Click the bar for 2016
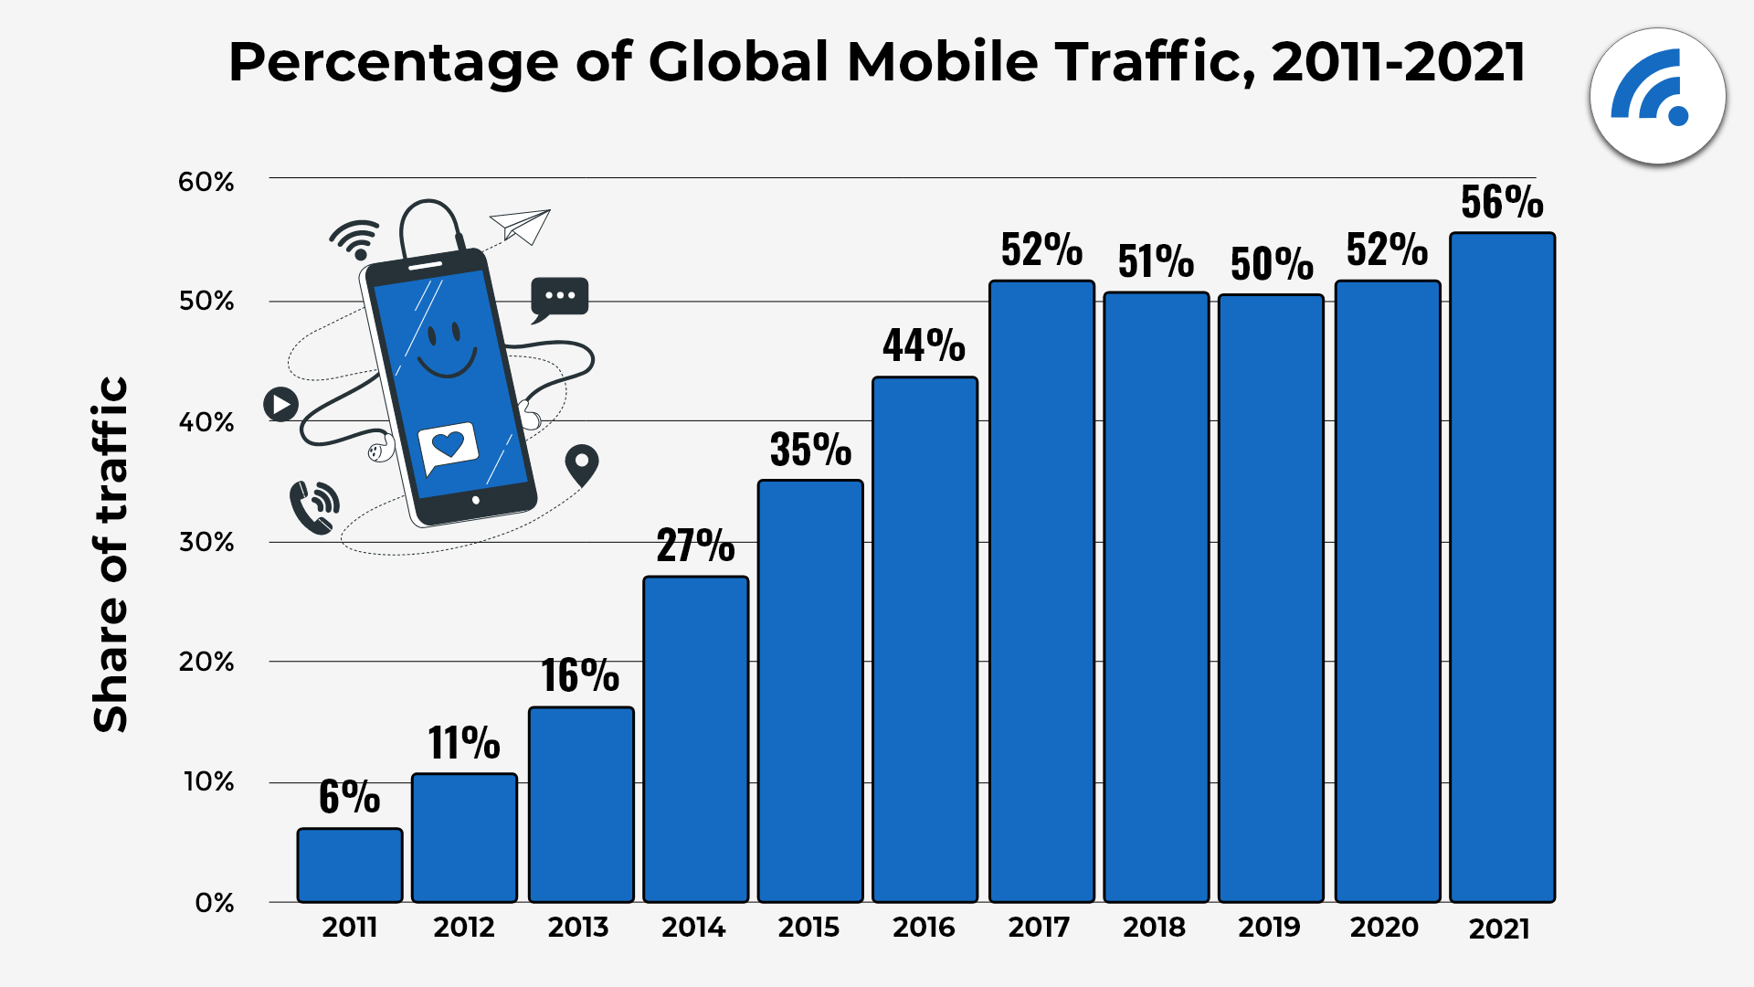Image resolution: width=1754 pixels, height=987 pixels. (x=925, y=640)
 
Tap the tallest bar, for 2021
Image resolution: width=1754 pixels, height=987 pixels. (x=1502, y=567)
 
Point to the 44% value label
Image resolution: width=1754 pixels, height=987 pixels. (x=924, y=345)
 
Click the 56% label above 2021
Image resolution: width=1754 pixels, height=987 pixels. (x=1502, y=202)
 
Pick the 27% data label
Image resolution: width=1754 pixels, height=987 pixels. (x=695, y=546)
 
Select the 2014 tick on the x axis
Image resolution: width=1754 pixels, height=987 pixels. (x=693, y=928)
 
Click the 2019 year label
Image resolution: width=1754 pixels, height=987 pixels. (x=1269, y=928)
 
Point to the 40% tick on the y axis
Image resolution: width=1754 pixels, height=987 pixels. (x=206, y=422)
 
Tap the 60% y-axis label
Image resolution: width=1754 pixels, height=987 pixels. (x=206, y=182)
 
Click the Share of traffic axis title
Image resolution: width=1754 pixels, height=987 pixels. (x=111, y=554)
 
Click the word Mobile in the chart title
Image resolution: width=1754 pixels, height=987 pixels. (x=942, y=62)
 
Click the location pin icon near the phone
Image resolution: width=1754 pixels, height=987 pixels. (x=582, y=464)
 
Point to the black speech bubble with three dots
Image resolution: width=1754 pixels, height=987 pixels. (x=559, y=298)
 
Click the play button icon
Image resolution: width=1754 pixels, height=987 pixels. (x=280, y=403)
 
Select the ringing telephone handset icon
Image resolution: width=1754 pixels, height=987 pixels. (x=312, y=508)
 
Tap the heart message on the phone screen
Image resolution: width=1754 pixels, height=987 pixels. (x=448, y=446)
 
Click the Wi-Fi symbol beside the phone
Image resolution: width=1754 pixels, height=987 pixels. (x=355, y=239)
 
